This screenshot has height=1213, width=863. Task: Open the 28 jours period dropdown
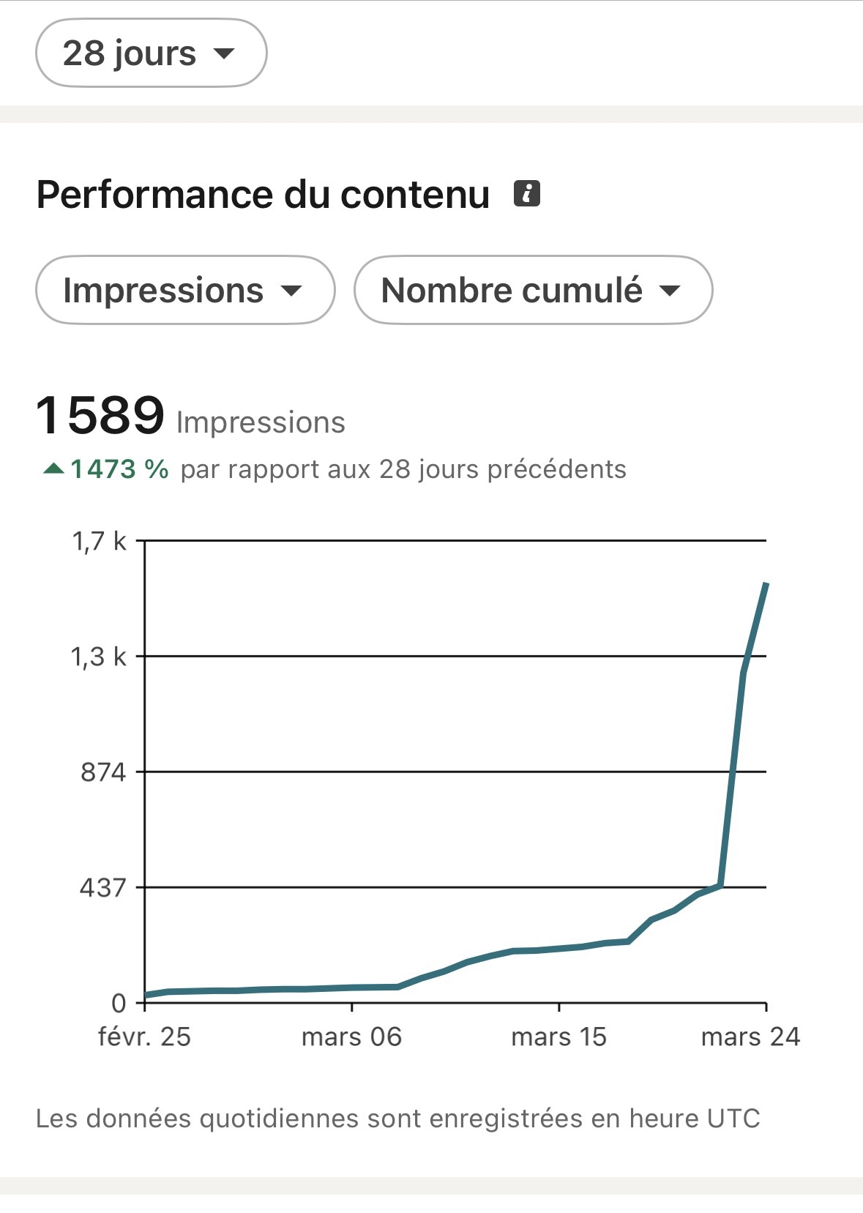pyautogui.click(x=150, y=53)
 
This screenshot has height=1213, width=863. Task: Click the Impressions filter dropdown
pyautogui.click(x=184, y=291)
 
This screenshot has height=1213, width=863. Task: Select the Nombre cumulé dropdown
pyautogui.click(x=532, y=291)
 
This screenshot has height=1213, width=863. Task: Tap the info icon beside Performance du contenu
pyautogui.click(x=527, y=194)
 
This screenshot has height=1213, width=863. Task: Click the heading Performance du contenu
pyautogui.click(x=263, y=195)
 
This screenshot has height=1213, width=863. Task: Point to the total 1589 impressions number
pyautogui.click(x=100, y=415)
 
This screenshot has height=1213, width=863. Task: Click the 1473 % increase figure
pyautogui.click(x=120, y=469)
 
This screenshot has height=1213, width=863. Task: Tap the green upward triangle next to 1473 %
pyautogui.click(x=54, y=469)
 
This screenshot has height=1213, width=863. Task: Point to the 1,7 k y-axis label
pyautogui.click(x=99, y=541)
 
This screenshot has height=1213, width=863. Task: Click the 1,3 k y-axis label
pyautogui.click(x=99, y=657)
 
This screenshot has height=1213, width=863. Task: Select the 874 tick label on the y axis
pyautogui.click(x=103, y=772)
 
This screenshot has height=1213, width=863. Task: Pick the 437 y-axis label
pyautogui.click(x=103, y=888)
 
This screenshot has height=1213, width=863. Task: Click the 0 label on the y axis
pyautogui.click(x=119, y=1003)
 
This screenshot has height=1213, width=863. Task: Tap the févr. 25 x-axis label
pyautogui.click(x=144, y=1037)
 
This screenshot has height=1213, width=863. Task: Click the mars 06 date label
pyautogui.click(x=351, y=1037)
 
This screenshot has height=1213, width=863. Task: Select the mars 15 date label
pyautogui.click(x=558, y=1037)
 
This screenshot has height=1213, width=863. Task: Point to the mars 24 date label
pyautogui.click(x=750, y=1037)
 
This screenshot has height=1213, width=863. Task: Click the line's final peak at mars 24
pyautogui.click(x=766, y=584)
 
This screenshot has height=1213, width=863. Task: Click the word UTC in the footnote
pyautogui.click(x=733, y=1119)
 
